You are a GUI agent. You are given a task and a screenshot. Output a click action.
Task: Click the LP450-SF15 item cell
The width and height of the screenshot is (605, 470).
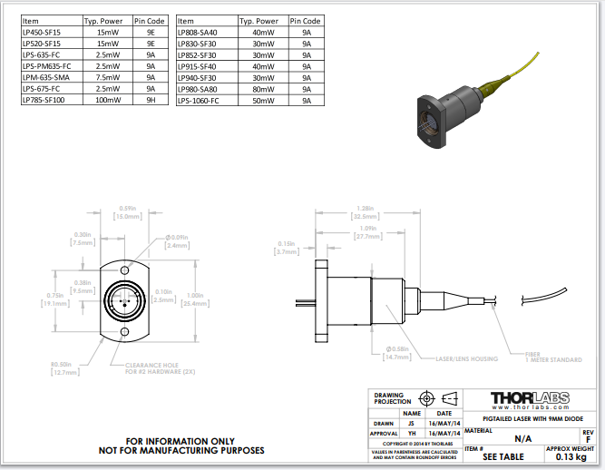(40, 32)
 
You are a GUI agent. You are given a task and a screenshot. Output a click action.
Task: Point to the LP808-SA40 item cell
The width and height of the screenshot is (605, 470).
(198, 32)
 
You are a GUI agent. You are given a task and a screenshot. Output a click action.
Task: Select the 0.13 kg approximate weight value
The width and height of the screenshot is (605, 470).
(571, 457)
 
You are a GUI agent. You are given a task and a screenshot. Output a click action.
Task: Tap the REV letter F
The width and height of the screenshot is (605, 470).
(589, 439)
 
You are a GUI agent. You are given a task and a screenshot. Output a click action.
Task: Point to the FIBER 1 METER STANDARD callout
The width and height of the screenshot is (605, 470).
(553, 357)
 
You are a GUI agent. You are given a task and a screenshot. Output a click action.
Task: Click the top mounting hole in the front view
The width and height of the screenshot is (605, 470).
(125, 269)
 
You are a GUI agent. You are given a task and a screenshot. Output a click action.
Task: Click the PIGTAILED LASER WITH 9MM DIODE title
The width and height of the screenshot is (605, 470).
(530, 418)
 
